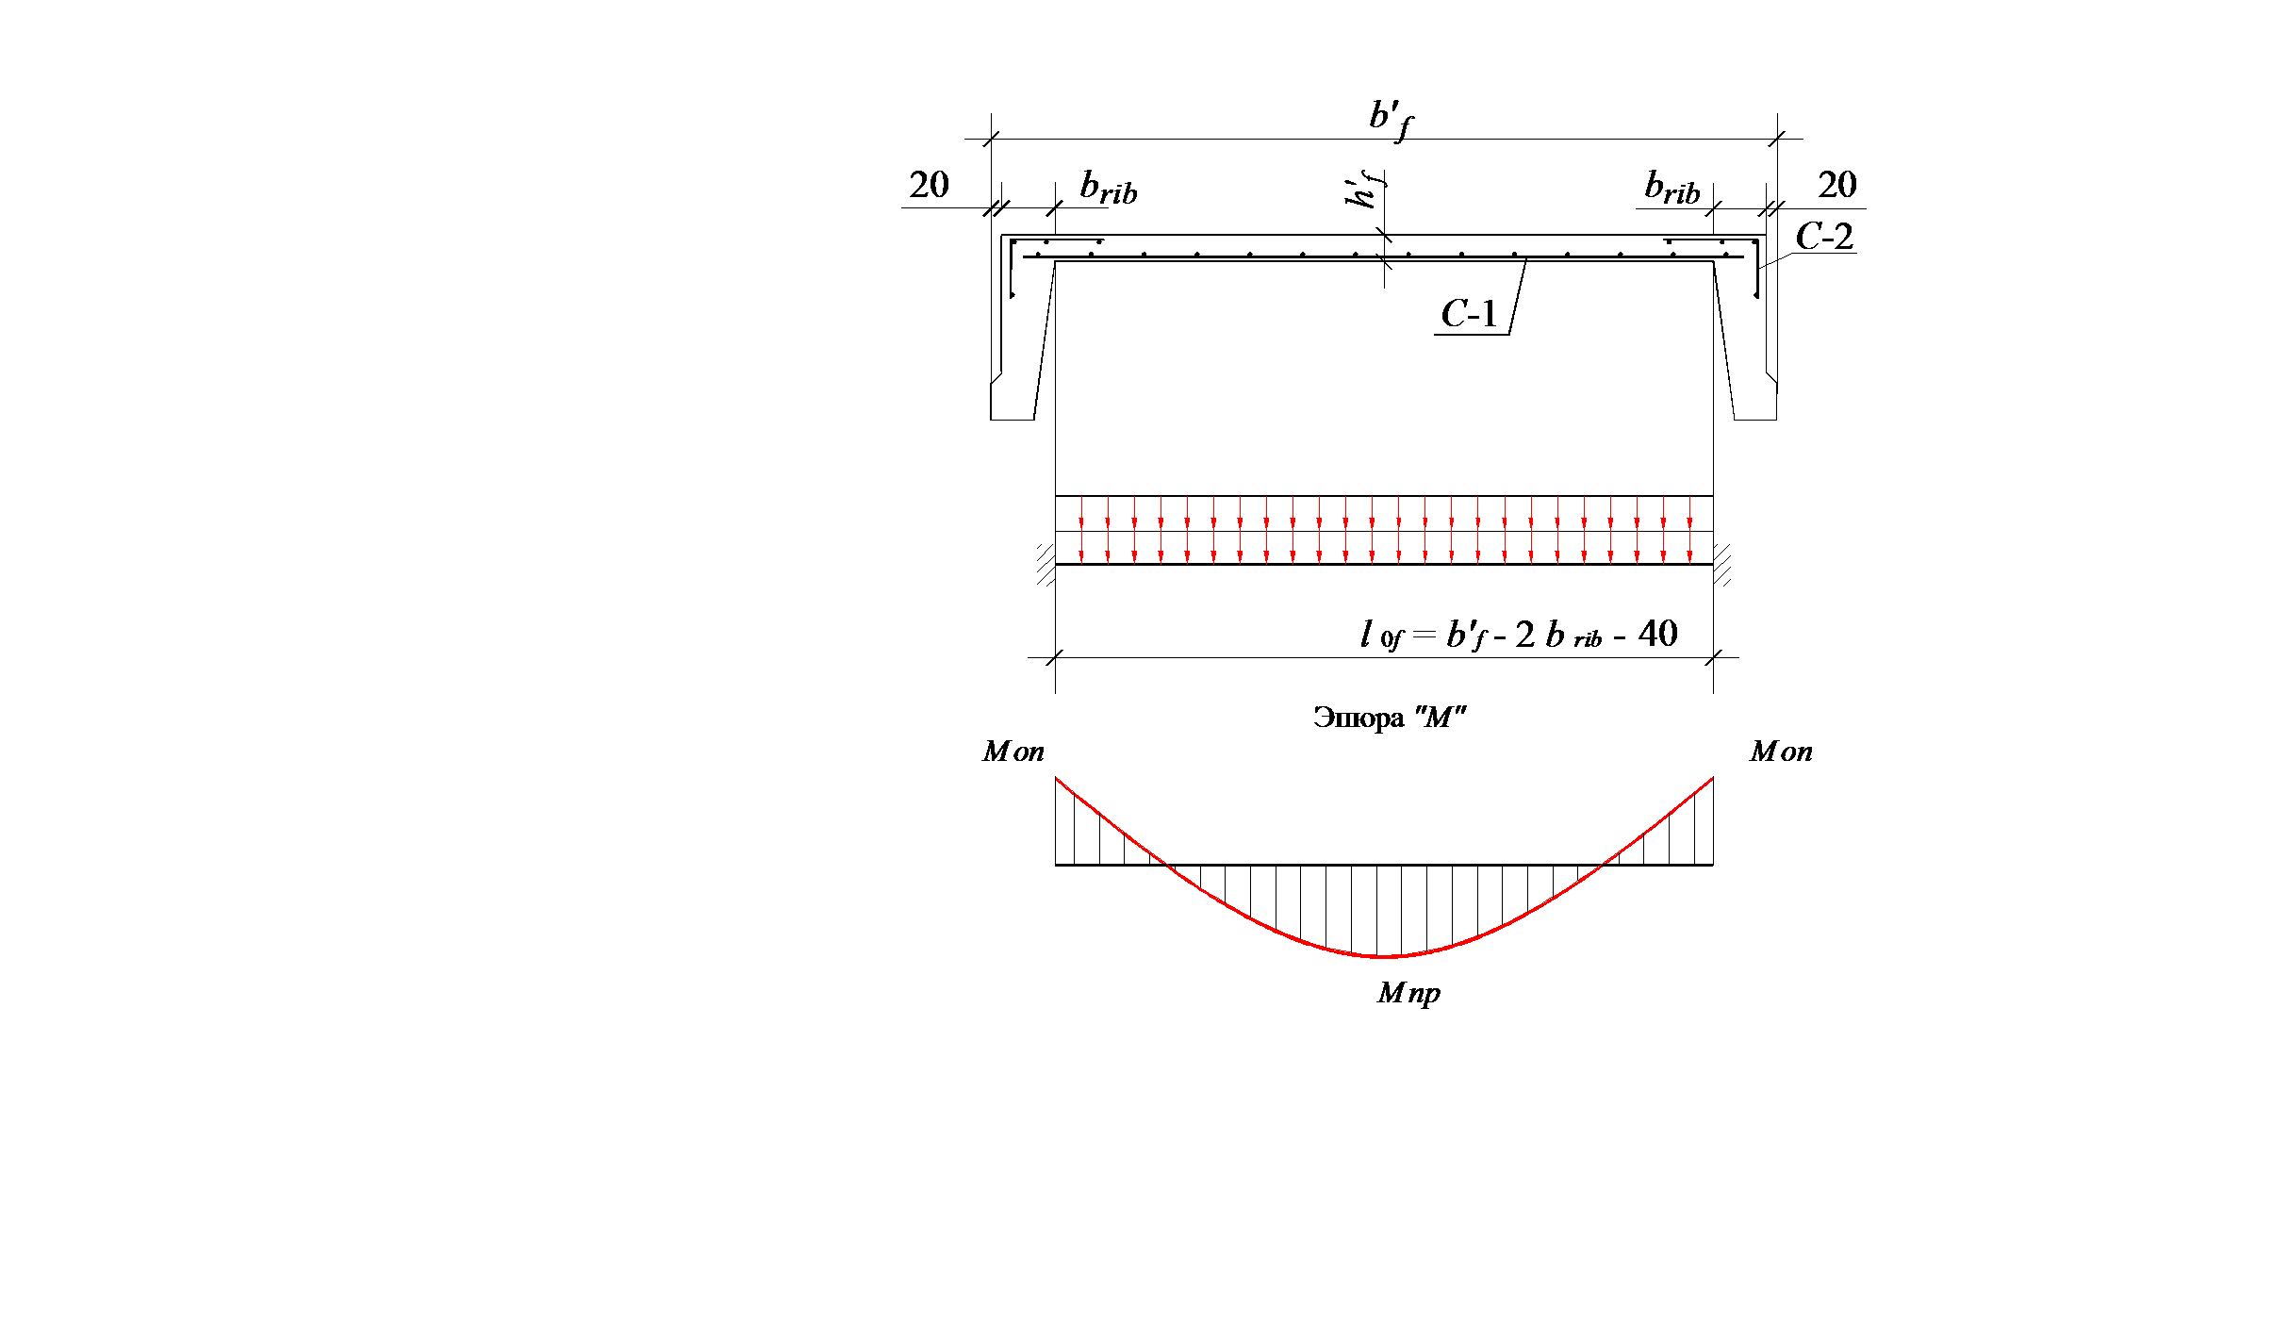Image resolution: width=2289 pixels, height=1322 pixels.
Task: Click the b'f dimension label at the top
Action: point(1391,120)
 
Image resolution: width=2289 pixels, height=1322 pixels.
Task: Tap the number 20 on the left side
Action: point(929,185)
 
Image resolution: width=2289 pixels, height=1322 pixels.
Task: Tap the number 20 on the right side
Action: point(1837,185)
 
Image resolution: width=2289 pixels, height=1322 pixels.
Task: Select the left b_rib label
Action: point(1109,188)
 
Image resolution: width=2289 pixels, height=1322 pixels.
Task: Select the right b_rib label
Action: point(1672,188)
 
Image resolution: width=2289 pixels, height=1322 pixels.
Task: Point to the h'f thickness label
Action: point(1364,190)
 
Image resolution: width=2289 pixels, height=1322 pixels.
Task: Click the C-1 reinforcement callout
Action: point(1469,314)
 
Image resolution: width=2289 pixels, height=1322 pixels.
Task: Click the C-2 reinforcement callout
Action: point(1824,237)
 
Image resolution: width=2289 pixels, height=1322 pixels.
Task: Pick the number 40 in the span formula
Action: point(1657,634)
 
